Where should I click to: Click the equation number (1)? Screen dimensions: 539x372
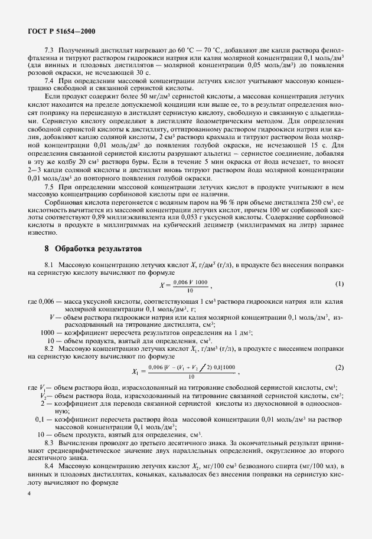tap(339, 284)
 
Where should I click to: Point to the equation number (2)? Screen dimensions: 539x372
tap(339, 368)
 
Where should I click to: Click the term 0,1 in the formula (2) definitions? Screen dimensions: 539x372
tap(41, 419)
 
